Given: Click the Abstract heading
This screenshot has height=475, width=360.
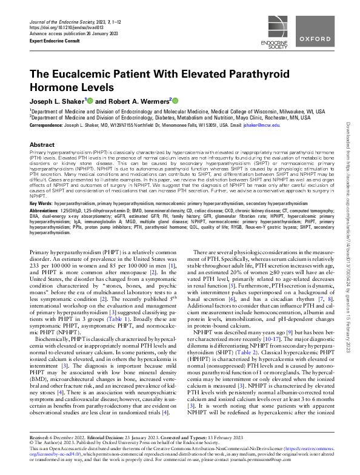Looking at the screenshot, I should coord(42,146).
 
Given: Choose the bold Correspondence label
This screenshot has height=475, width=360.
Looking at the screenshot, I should coord(47,125).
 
